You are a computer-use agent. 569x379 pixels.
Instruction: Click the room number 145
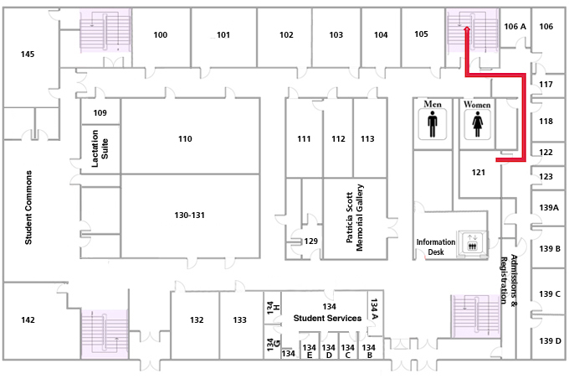click(28, 55)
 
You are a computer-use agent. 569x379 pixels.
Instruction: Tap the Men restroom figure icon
click(433, 125)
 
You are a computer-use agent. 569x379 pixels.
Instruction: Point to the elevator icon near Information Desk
click(472, 243)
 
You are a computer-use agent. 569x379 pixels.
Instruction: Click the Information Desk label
click(436, 247)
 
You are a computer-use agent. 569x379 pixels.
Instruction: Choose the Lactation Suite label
click(100, 149)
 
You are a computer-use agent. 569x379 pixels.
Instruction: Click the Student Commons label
click(28, 208)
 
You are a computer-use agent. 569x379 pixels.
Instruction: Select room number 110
click(185, 138)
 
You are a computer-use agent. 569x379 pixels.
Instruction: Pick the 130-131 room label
click(190, 215)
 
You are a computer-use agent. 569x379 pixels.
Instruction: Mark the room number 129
click(311, 241)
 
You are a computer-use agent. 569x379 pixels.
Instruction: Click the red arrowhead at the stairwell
click(466, 29)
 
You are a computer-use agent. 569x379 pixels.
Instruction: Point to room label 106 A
click(515, 27)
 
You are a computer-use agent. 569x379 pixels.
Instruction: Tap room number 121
click(478, 173)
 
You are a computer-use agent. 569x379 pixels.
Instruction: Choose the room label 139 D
click(550, 340)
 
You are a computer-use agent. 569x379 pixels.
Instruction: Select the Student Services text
click(327, 319)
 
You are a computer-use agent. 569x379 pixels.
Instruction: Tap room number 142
click(28, 320)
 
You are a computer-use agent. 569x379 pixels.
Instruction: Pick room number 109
click(100, 112)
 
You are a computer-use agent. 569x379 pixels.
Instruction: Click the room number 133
click(240, 320)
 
